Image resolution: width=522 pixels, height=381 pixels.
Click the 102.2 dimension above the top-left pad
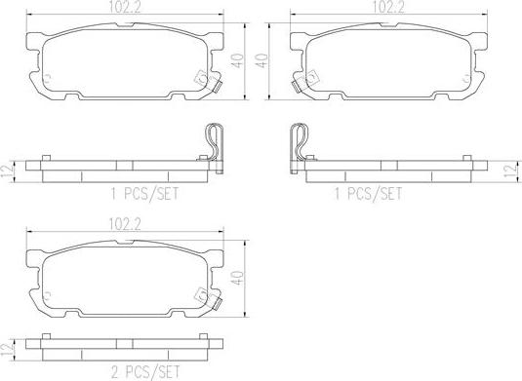(x=125, y=8)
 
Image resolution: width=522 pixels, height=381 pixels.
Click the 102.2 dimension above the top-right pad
(x=388, y=8)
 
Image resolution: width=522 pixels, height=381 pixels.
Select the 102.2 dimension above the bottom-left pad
(x=125, y=224)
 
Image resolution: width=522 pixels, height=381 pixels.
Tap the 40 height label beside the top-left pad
(x=238, y=60)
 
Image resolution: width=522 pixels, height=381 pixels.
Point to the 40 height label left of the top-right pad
(x=262, y=60)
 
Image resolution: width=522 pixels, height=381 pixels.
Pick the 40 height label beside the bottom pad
(x=238, y=278)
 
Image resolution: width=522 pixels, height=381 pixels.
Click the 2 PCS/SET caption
(x=145, y=372)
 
